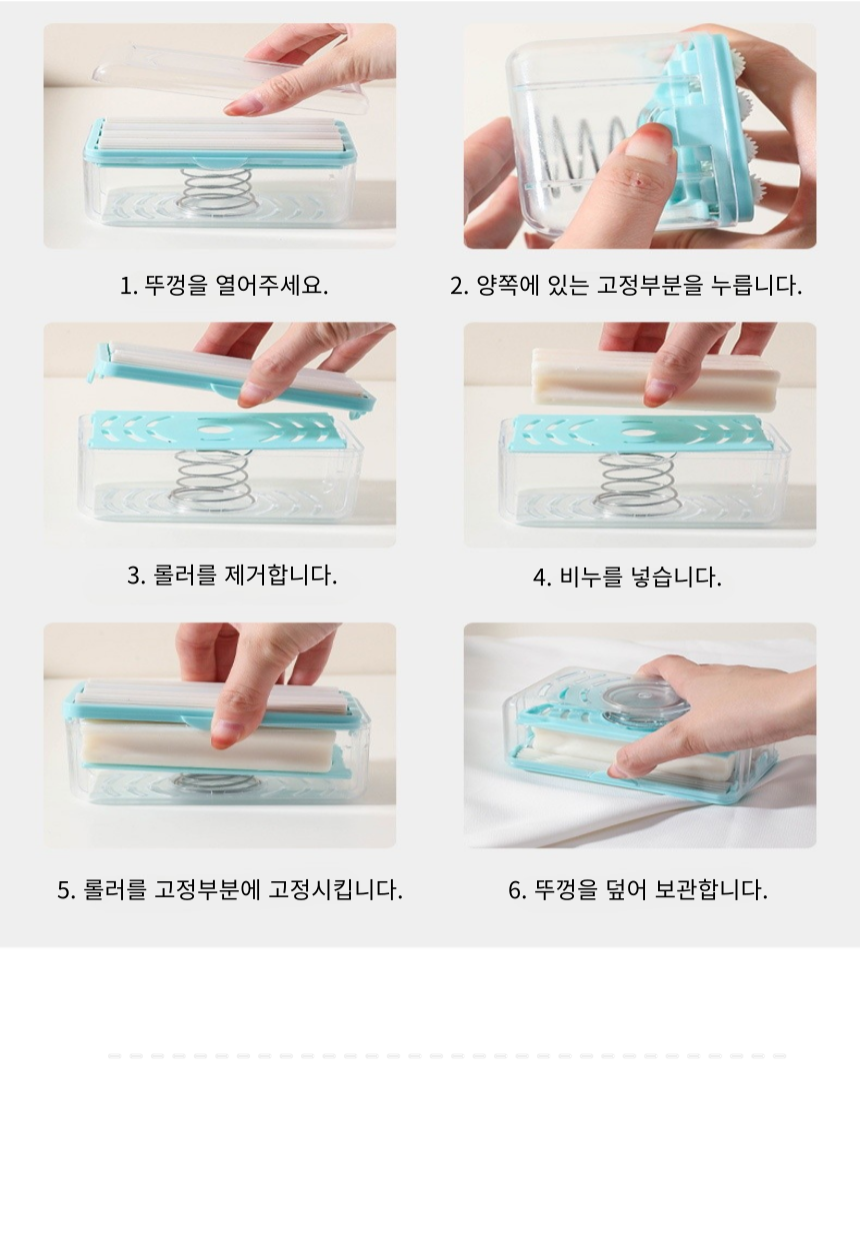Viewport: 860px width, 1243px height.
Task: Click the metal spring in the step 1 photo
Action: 218,191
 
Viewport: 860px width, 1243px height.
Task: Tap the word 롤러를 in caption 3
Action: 184,575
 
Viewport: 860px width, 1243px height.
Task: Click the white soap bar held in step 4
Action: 655,379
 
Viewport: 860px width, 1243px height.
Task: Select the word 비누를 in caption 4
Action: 591,578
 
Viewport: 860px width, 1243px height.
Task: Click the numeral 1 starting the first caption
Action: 125,287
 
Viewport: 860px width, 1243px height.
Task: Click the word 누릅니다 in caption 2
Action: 756,285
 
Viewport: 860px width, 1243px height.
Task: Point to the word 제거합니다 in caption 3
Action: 280,575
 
